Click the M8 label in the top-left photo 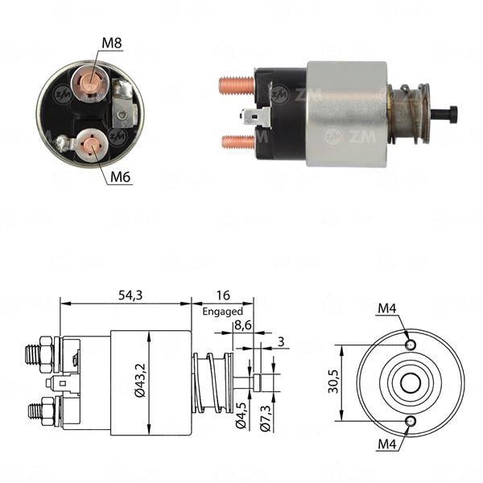point(112,43)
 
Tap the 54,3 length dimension point(129,295)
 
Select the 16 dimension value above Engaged point(222,295)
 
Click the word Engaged point(222,311)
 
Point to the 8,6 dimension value point(242,326)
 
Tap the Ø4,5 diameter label point(240,419)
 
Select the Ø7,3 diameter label point(265,419)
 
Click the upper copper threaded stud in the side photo point(236,85)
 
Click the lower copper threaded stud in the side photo point(237,142)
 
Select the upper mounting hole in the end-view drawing point(411,345)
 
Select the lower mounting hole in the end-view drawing point(411,421)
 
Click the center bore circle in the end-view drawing point(411,383)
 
